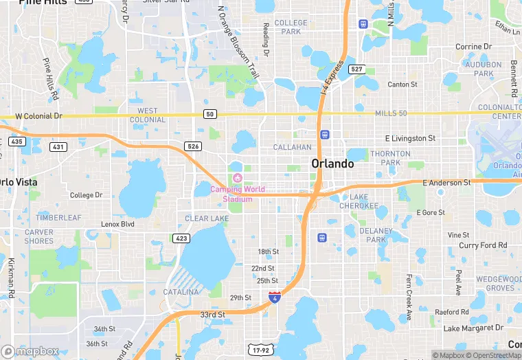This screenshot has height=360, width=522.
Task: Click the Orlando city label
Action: pos(332,164)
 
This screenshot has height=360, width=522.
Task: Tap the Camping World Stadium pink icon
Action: pos(238,179)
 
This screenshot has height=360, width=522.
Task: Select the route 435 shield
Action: pos(17,141)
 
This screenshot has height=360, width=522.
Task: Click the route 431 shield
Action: pos(58,146)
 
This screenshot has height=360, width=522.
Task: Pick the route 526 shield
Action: pos(193,146)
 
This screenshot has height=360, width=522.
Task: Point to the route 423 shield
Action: pos(181,238)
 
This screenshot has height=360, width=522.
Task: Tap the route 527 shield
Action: pos(356,69)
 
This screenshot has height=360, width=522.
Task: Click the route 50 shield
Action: pos(210,113)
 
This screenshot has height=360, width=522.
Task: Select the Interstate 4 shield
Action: pos(275,297)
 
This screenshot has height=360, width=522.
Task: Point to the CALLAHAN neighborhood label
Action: pos(293,147)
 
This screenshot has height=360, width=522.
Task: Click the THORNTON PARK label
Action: pos(385,158)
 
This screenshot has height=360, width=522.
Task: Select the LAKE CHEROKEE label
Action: pos(359,201)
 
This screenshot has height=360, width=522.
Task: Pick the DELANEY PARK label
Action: pos(376,236)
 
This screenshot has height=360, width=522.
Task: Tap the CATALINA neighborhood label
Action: pos(181,292)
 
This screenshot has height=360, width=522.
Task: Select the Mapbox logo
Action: pos(30,351)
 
